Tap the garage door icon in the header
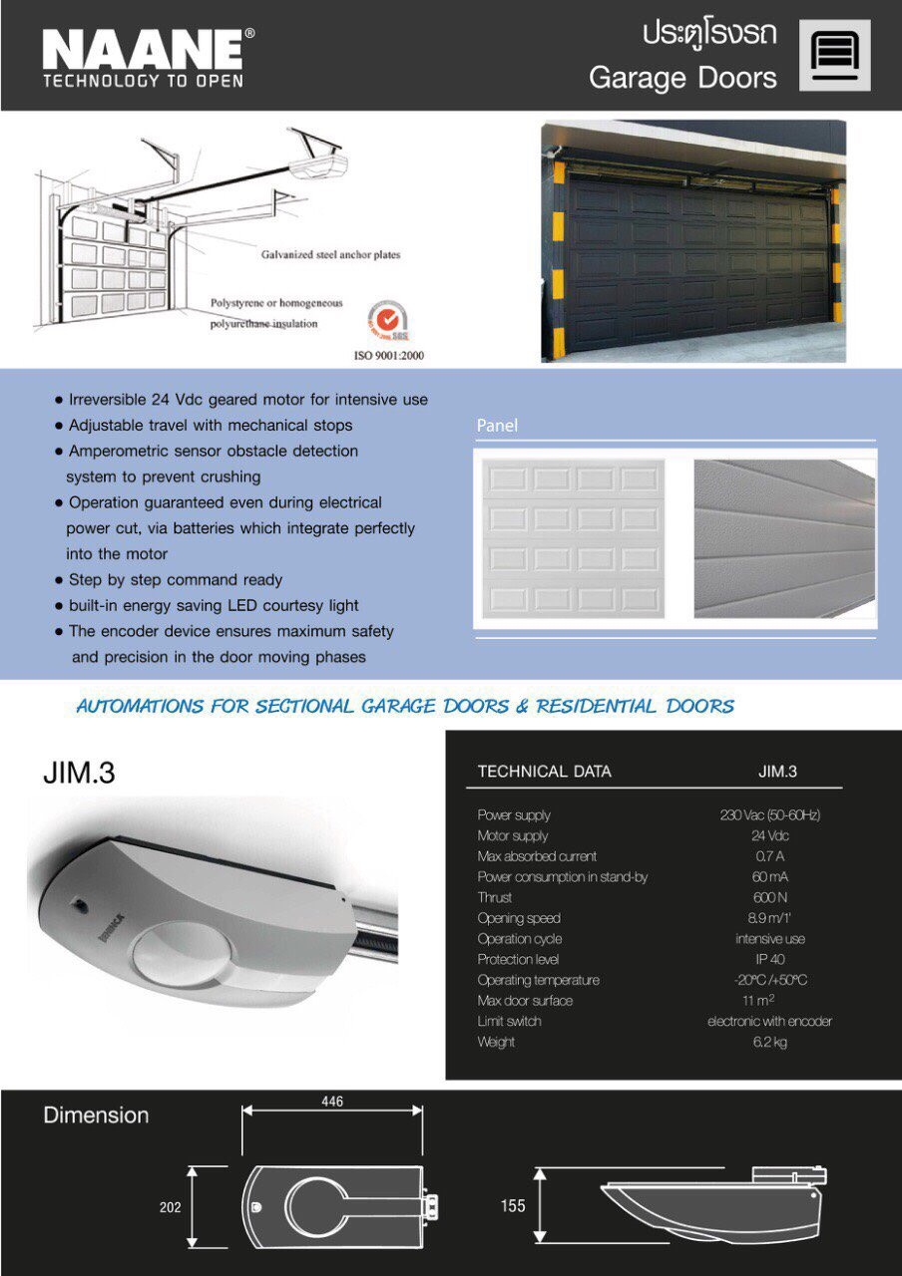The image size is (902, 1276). click(x=834, y=55)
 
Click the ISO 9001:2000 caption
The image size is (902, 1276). click(x=388, y=354)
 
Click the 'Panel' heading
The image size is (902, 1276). click(x=498, y=426)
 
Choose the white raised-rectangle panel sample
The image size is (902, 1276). click(x=574, y=537)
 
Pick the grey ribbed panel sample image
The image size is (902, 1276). click(x=784, y=538)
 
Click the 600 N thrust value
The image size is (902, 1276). click(x=769, y=897)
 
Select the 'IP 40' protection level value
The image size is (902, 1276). click(x=769, y=959)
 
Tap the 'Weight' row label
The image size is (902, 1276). click(x=496, y=1042)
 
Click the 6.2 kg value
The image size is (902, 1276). click(x=769, y=1042)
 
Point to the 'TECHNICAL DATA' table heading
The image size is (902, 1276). click(x=544, y=771)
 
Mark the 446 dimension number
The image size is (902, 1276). click(x=331, y=1102)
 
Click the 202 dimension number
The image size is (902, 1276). click(x=171, y=1207)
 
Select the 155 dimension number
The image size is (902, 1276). click(x=513, y=1206)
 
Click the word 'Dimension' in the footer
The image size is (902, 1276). click(x=96, y=1116)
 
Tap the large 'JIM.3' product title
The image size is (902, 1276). click(x=79, y=773)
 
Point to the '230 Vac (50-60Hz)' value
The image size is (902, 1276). click(x=769, y=815)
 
